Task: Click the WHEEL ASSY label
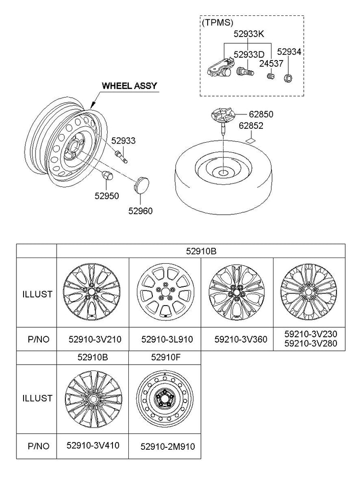coord(129,86)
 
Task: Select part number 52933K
coord(249,34)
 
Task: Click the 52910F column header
coord(165,357)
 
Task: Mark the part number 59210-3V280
coord(310,343)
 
